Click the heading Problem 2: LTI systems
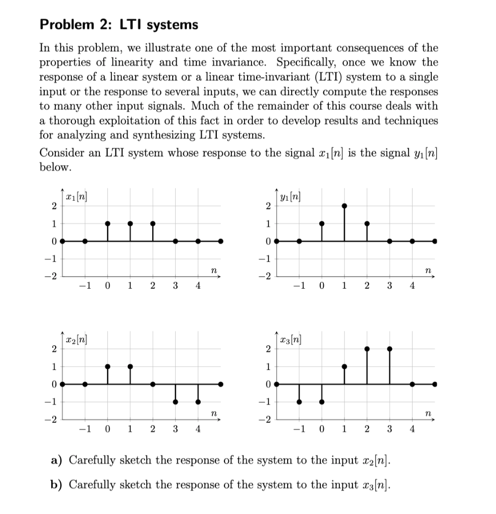[x=118, y=25]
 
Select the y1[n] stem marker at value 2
[x=344, y=206]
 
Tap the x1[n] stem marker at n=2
[x=153, y=223]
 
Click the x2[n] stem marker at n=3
[x=175, y=402]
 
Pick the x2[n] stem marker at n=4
[x=198, y=402]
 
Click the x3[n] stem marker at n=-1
[x=299, y=402]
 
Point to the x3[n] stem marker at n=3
[x=390, y=348]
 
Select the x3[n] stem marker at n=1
[x=344, y=366]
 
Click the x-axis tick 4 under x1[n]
[x=198, y=286]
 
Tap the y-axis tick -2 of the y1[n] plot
[x=266, y=277]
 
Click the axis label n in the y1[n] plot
[x=427, y=270]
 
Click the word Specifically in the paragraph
[x=309, y=63]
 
